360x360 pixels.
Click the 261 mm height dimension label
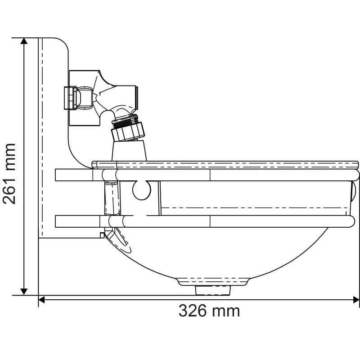click(9, 174)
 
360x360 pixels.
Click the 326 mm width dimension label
click(209, 310)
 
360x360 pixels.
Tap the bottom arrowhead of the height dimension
click(24, 291)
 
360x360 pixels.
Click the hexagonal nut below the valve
click(129, 131)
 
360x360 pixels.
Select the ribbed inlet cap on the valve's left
click(70, 98)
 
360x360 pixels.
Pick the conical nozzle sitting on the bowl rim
click(129, 150)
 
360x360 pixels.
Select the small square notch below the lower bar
click(102, 234)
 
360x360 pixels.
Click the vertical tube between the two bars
click(110, 198)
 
